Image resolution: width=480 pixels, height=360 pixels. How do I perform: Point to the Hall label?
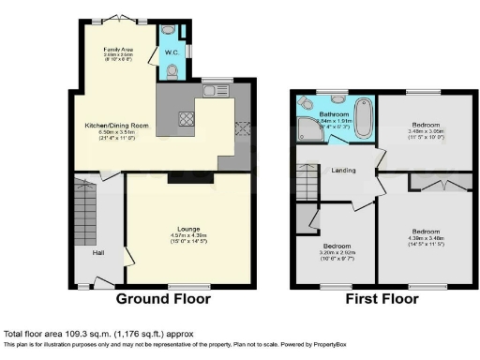[97, 253]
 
